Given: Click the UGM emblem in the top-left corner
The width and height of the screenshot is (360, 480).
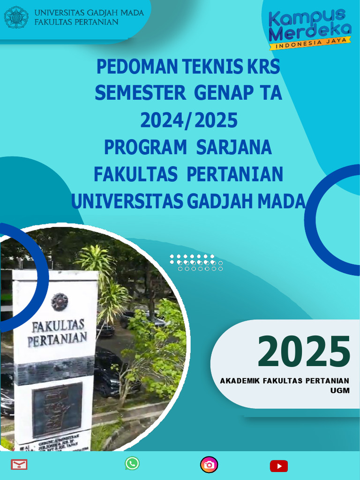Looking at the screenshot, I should (16, 17).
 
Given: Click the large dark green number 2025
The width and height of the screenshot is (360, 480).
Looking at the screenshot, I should (304, 352).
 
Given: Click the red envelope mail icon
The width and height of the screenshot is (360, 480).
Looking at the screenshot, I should (19, 465).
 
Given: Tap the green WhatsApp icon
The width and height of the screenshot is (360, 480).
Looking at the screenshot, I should (132, 464).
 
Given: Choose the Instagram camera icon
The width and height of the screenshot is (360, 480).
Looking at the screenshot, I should (209, 465).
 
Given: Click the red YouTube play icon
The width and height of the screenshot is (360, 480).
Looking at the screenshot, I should (278, 465).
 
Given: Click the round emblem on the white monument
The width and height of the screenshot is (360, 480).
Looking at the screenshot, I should (60, 301).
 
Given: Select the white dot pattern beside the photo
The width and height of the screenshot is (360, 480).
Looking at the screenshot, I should (196, 262).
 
